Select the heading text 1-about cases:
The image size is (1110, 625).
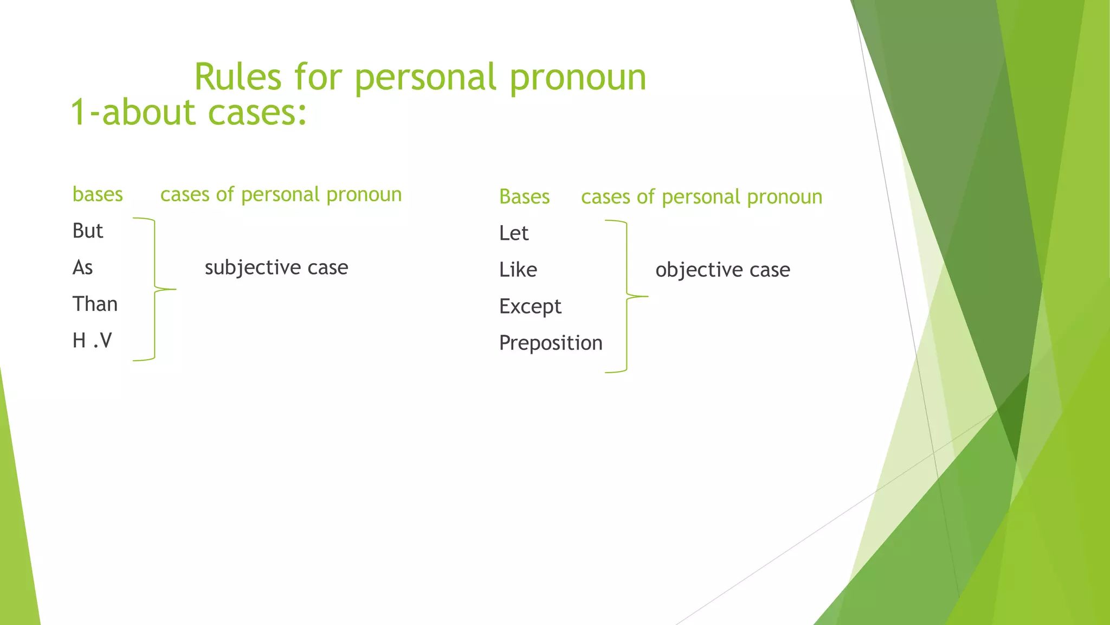tap(189, 112)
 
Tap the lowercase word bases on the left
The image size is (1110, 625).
tap(98, 194)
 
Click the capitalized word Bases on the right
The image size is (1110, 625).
tap(524, 196)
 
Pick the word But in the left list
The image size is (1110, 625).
tap(88, 231)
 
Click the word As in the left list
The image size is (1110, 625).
tap(82, 267)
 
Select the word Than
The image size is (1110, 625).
tap(95, 304)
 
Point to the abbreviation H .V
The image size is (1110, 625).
tap(92, 341)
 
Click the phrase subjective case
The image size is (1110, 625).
tap(276, 267)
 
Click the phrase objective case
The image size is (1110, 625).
tap(722, 270)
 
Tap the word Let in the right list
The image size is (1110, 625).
tap(513, 233)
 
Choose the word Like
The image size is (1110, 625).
tap(518, 270)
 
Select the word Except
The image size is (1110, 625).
tap(530, 307)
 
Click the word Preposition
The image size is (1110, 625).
tap(551, 343)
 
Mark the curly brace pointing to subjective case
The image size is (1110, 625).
tap(155, 289)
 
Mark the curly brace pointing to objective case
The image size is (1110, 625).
tap(627, 296)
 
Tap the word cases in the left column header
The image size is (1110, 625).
tap(184, 194)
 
